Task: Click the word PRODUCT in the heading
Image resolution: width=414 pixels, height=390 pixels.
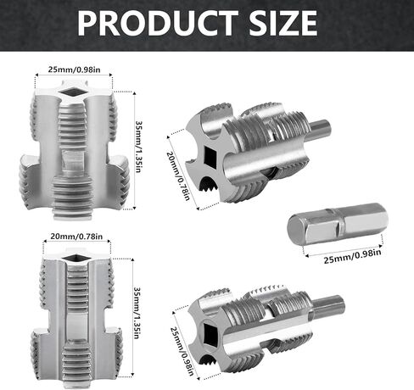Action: click(x=158, y=23)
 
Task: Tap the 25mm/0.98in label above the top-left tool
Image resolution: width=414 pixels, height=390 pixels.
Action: click(x=74, y=70)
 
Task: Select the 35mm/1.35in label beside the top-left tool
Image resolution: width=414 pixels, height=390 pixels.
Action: click(x=138, y=147)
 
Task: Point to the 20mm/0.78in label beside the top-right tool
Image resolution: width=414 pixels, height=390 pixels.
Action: click(x=178, y=175)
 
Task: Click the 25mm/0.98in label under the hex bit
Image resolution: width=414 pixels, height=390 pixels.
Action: click(x=352, y=256)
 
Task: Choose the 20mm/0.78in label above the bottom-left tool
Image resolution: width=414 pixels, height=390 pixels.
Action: click(x=76, y=236)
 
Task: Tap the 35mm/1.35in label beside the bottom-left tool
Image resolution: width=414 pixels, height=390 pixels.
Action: click(x=137, y=313)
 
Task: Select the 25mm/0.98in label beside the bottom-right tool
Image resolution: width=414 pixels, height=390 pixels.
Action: click(x=182, y=351)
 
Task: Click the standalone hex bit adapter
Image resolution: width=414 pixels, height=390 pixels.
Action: click(x=338, y=224)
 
